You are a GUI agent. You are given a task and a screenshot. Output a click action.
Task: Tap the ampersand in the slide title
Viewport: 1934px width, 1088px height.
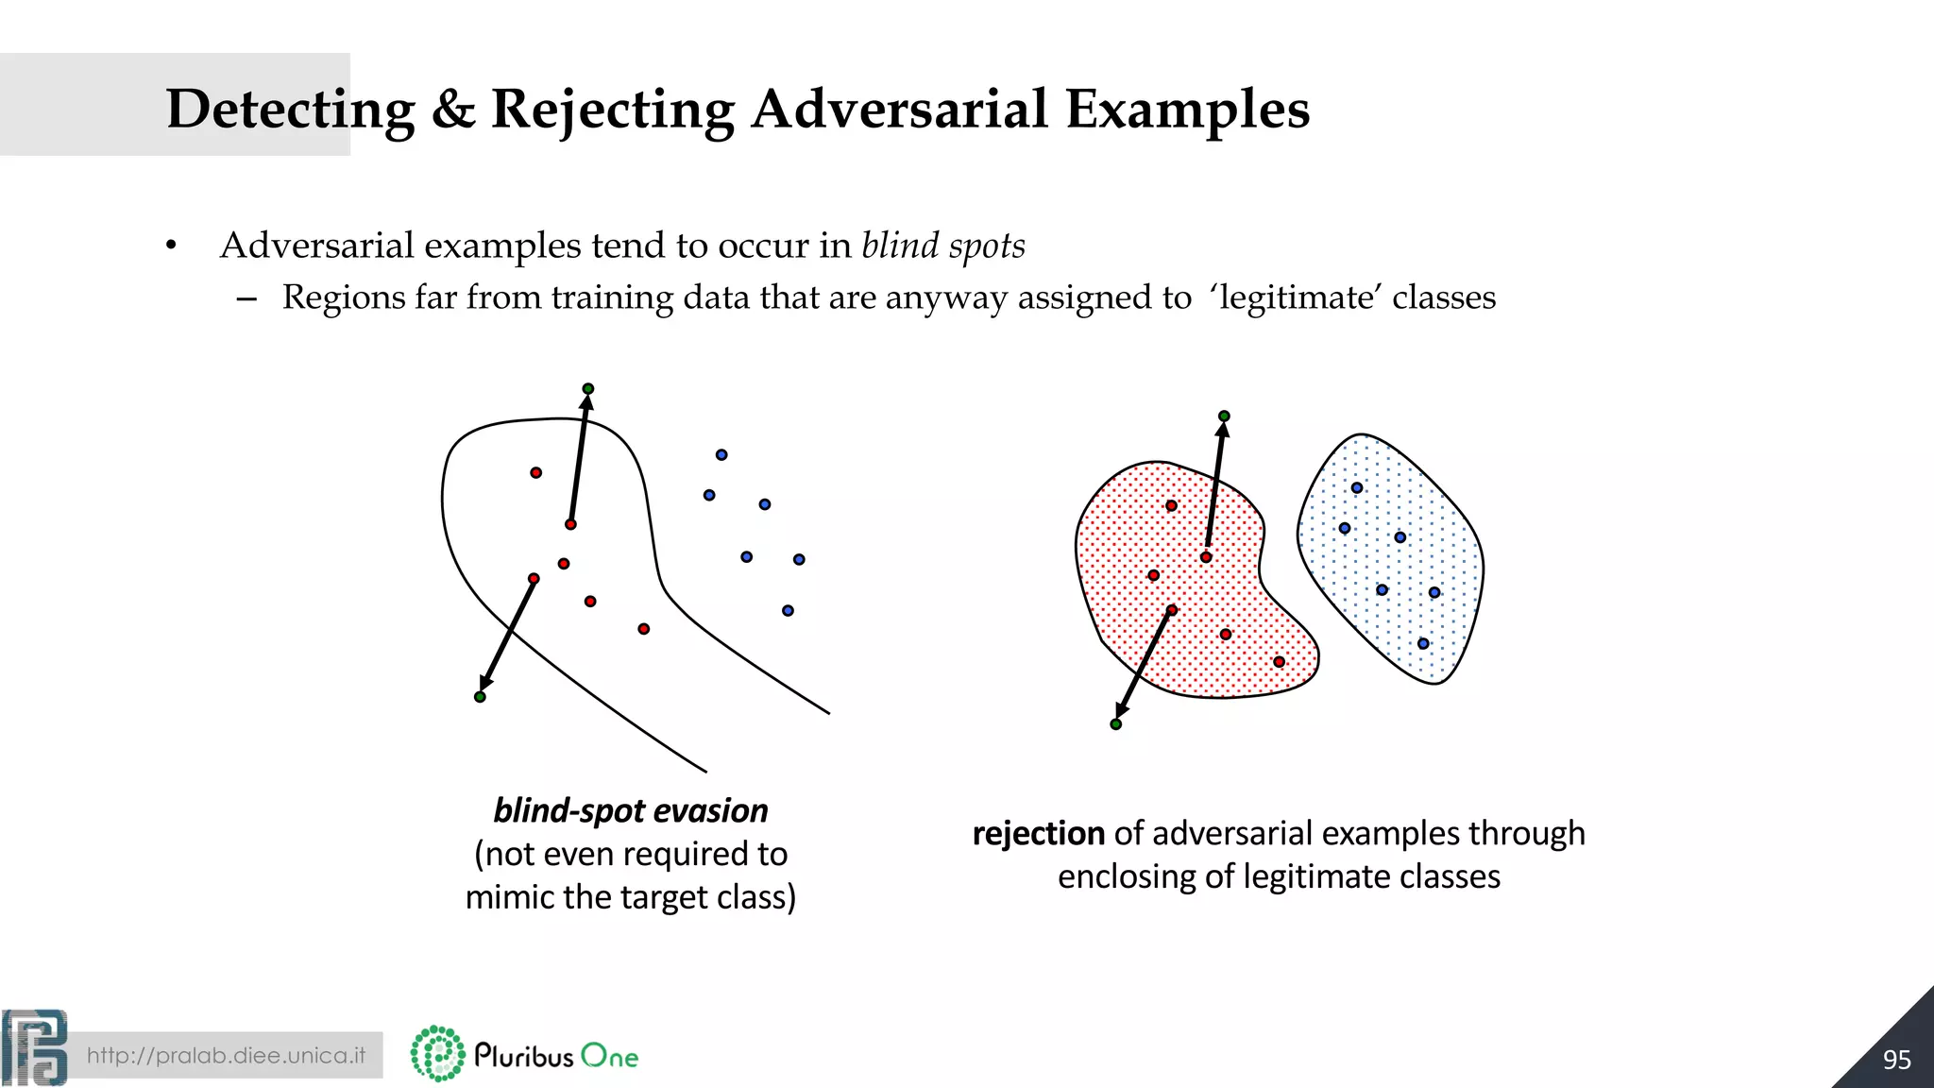[x=453, y=110]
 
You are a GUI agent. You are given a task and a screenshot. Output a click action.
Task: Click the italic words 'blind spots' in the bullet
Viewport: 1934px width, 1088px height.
[x=942, y=246]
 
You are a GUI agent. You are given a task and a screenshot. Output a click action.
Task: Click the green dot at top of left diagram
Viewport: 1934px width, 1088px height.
[x=588, y=389]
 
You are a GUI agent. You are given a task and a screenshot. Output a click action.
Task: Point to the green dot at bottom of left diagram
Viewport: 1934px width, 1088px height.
[x=480, y=697]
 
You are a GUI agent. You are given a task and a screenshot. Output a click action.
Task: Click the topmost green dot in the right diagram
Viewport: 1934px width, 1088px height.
[x=1224, y=416]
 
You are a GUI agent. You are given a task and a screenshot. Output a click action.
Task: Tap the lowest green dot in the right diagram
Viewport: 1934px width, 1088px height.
[x=1116, y=724]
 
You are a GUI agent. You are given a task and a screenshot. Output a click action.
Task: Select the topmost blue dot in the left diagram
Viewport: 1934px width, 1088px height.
[x=721, y=455]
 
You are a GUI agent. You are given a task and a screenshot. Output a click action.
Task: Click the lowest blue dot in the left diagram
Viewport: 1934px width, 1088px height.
[x=788, y=611]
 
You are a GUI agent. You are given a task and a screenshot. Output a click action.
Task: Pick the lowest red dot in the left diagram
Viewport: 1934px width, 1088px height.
[x=644, y=629]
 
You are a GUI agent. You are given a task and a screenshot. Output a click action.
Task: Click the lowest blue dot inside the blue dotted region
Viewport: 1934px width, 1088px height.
[x=1423, y=644]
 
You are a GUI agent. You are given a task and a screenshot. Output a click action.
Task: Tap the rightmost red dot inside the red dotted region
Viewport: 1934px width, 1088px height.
[x=1280, y=662]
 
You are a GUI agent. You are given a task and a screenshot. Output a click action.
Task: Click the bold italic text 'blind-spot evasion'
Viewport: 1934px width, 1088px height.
[x=631, y=810]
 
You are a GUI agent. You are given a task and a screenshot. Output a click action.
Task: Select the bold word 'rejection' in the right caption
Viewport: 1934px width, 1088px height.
[x=1038, y=834]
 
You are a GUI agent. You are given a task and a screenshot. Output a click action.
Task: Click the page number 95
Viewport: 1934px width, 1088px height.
[x=1896, y=1060]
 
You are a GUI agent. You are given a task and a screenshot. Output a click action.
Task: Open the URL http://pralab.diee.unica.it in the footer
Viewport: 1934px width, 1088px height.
[x=226, y=1055]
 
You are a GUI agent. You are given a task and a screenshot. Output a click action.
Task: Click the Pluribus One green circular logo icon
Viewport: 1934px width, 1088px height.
[x=437, y=1054]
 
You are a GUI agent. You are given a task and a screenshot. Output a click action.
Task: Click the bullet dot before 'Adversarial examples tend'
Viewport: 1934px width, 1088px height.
[x=171, y=246]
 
